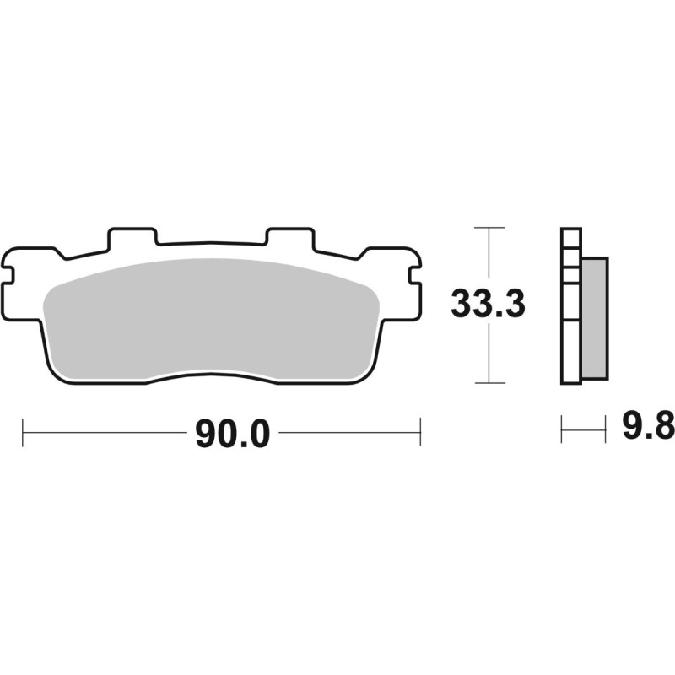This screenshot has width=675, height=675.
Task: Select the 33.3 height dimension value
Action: (488, 303)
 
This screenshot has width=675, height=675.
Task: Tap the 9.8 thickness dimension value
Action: (649, 426)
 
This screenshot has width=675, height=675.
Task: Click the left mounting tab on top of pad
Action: (132, 238)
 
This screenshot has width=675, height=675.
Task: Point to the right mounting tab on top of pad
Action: (290, 238)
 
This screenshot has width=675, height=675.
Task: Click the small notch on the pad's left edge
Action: (8, 276)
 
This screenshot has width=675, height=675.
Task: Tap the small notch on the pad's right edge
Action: (414, 276)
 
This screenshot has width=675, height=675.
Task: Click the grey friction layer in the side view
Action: (595, 318)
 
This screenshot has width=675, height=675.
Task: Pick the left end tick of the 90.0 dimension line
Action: (23, 432)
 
